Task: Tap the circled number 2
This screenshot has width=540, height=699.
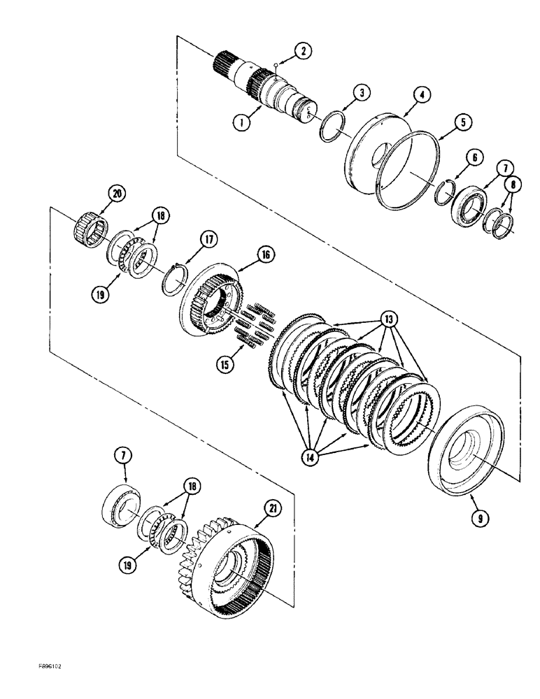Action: pyautogui.click(x=302, y=50)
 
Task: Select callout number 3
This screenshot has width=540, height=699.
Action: pyautogui.click(x=360, y=93)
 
